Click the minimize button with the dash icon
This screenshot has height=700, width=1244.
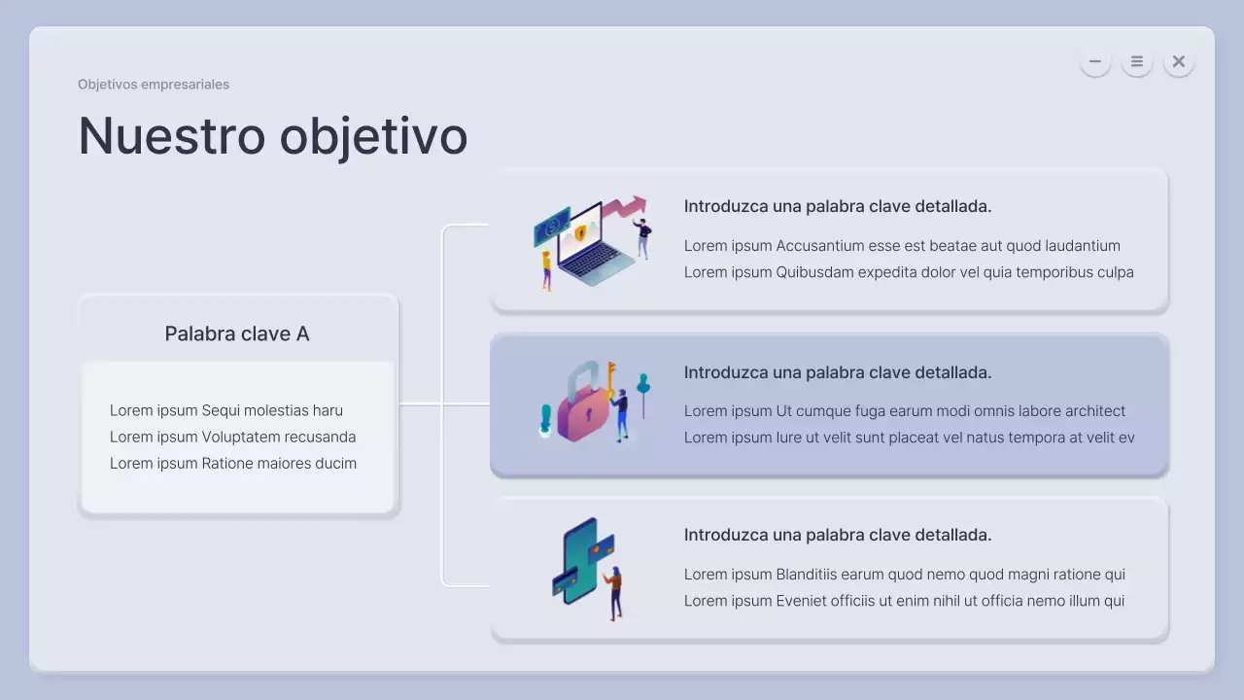click(1094, 61)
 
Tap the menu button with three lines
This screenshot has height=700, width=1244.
click(1136, 61)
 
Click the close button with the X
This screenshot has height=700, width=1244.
click(1178, 61)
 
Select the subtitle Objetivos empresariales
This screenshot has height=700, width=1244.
click(154, 85)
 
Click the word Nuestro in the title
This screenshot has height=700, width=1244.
click(171, 135)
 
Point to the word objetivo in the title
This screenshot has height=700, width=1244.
click(373, 137)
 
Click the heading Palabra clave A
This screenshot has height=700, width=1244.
click(237, 334)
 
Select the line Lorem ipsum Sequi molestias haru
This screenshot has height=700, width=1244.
click(226, 410)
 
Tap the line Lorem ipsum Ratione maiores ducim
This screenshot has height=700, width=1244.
click(233, 463)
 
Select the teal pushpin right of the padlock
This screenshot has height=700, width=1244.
click(642, 389)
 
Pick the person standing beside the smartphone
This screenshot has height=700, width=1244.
click(614, 591)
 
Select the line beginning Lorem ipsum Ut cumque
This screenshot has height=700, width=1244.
click(905, 411)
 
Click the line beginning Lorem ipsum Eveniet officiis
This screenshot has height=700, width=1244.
click(904, 601)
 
